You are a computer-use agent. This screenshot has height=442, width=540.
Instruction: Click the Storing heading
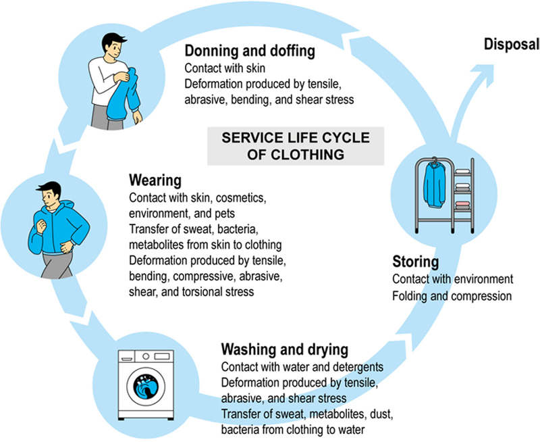point(416,262)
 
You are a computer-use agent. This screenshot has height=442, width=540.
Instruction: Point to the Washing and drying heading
point(284,350)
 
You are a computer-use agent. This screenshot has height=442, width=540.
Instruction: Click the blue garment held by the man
point(125,95)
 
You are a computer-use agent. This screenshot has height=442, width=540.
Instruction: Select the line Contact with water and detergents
point(303,367)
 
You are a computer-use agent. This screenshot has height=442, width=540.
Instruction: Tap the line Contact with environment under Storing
point(453,278)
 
